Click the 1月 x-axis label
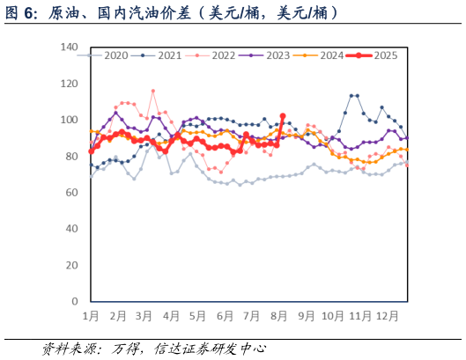pos(91,314)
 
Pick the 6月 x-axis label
pos(226,314)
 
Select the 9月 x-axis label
pos(307,314)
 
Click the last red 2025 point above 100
pos(282,115)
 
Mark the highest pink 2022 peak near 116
pos(153,91)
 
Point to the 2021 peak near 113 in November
pos(352,95)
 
